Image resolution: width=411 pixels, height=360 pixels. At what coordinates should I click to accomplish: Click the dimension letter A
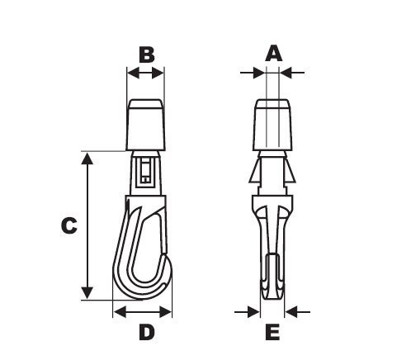pyautogui.click(x=273, y=54)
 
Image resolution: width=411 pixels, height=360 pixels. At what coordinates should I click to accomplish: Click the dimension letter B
pyautogui.click(x=146, y=54)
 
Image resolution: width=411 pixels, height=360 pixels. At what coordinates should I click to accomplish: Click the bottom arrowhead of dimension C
pyautogui.click(x=87, y=293)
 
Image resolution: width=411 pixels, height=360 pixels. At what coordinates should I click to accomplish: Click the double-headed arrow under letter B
pyautogui.click(x=145, y=73)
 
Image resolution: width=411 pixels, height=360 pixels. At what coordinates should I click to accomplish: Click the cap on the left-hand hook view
pyautogui.click(x=146, y=124)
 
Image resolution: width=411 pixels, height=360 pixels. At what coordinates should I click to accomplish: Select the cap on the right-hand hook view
pyautogui.click(x=272, y=124)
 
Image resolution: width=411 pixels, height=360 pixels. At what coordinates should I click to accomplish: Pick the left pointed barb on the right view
pyautogui.click(x=253, y=173)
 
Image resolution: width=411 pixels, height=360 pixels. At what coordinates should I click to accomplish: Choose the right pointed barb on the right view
pyautogui.click(x=291, y=173)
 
